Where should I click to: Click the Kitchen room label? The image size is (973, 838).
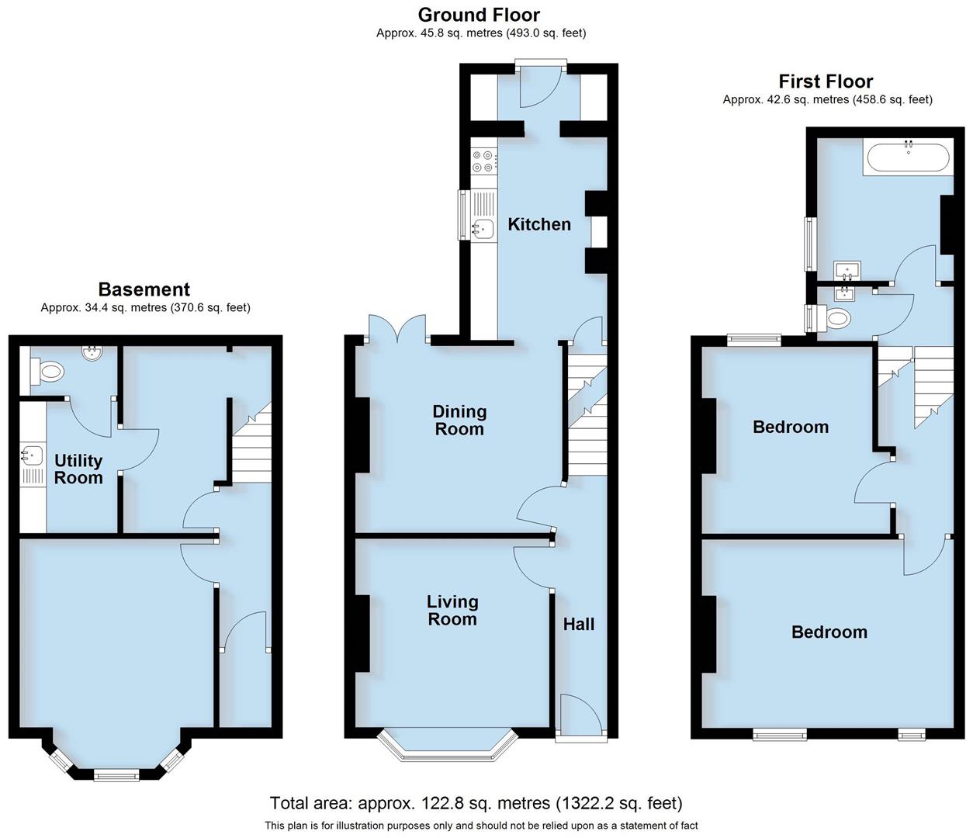pos(538,224)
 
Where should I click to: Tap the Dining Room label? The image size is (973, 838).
pos(459,420)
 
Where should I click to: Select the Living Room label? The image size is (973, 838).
pos(452,610)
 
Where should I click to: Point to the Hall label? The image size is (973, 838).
pos(579,624)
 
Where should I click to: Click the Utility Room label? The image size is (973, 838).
pos(78,469)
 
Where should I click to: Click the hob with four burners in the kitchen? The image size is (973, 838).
pos(483,161)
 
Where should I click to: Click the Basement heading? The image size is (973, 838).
pos(144,289)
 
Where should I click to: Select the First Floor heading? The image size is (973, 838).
pos(826,81)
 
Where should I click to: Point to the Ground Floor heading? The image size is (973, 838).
pos(479,15)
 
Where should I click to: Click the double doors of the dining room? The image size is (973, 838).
pos(397,329)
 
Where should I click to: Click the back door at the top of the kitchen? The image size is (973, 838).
pos(541,85)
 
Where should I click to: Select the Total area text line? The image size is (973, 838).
pos(476,803)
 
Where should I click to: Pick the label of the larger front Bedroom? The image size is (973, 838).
pos(829,632)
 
